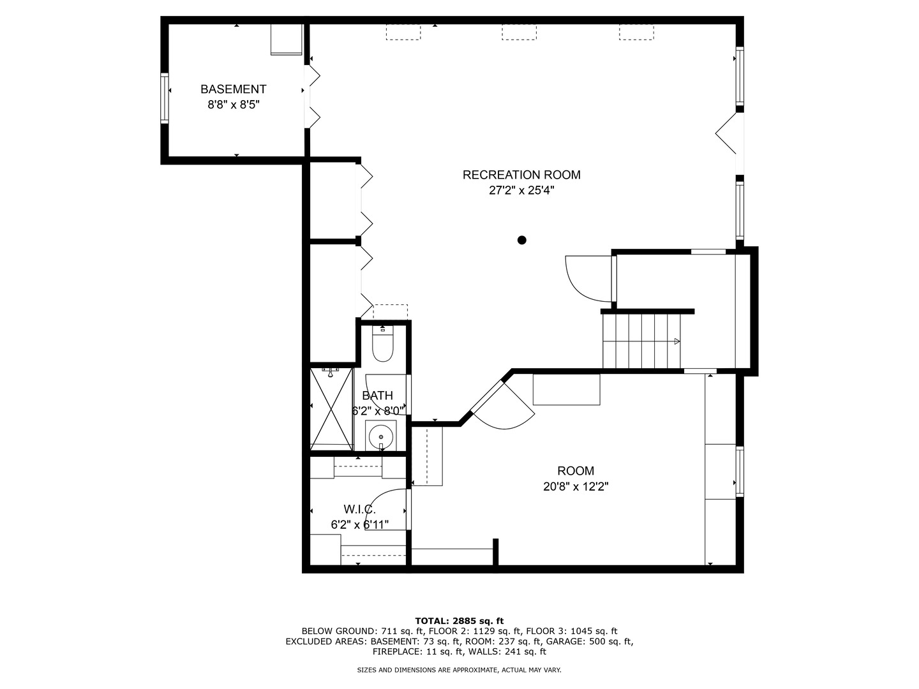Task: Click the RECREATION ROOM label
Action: click(521, 175)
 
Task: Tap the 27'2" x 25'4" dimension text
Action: click(521, 190)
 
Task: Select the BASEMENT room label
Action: click(233, 89)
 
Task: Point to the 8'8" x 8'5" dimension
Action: click(233, 105)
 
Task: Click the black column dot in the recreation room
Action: click(521, 240)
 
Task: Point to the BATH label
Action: click(377, 396)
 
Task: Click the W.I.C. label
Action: click(359, 509)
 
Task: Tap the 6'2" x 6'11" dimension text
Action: click(359, 524)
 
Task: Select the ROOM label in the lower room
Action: click(576, 471)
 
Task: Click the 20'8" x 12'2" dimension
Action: click(576, 487)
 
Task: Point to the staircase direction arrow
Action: click(676, 341)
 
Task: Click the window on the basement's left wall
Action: click(165, 98)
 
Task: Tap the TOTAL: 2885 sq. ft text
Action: click(459, 620)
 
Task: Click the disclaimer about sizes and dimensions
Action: click(459, 670)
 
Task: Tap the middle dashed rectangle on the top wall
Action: click(519, 33)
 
